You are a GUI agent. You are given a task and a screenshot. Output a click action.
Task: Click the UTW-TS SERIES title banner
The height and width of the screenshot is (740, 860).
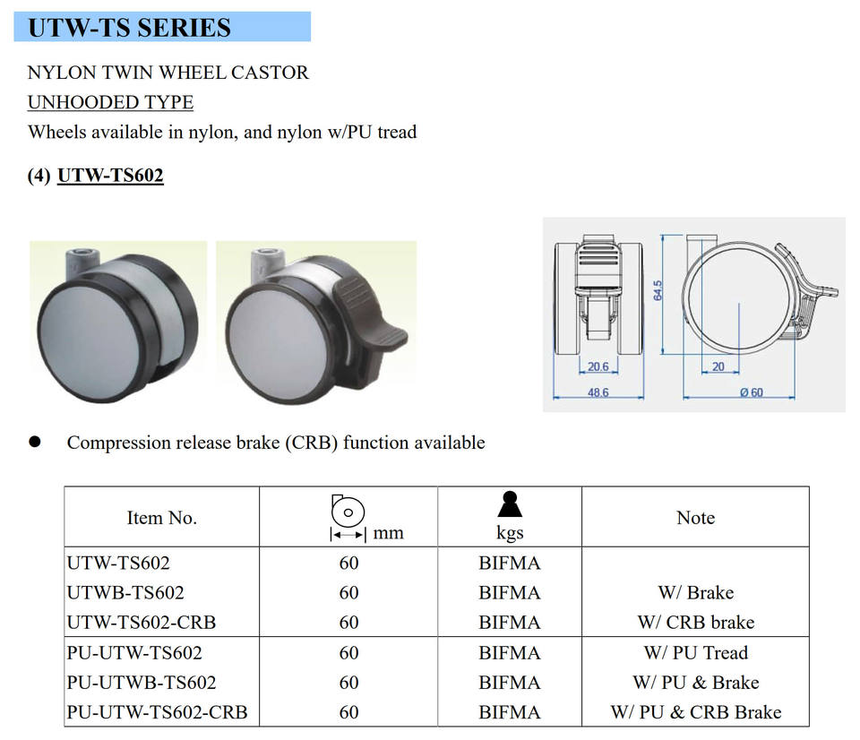coord(162,27)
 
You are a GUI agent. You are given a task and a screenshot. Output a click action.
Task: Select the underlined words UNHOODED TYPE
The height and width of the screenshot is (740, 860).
coord(110,102)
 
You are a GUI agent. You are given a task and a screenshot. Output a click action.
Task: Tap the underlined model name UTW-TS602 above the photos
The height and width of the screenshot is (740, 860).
coord(110,176)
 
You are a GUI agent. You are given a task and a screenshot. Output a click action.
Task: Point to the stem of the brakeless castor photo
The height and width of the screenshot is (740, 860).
coord(79,263)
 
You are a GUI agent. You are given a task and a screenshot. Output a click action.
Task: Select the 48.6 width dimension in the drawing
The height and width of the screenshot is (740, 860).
coord(598,392)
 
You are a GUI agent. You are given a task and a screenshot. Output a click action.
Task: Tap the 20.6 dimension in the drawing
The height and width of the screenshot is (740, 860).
coord(598,366)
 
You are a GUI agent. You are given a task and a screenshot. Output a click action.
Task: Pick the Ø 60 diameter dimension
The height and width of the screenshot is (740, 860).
coord(751,392)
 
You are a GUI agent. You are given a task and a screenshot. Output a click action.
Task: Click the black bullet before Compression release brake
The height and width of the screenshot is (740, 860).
coord(35,442)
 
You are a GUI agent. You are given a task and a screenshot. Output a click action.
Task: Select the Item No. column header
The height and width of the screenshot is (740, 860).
coord(161,518)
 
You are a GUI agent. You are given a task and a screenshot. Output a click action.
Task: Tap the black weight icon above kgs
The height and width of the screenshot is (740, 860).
coord(510,505)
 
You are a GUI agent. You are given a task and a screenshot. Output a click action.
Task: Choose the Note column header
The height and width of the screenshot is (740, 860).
coord(695,518)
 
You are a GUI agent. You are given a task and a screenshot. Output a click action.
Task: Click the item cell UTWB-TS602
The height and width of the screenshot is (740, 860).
coord(125,592)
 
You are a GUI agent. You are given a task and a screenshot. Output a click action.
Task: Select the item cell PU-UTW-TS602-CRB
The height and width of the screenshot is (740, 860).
coord(157,712)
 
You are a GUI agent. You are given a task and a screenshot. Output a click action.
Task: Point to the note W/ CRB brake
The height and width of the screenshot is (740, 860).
coord(695,622)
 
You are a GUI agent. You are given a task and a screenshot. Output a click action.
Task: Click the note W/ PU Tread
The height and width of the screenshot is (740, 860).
coord(695,652)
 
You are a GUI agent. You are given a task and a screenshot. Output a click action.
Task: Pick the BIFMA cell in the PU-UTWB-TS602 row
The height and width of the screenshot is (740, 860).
coord(510,683)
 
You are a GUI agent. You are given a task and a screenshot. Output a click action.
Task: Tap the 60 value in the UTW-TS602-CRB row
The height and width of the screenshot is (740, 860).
coord(348,622)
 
